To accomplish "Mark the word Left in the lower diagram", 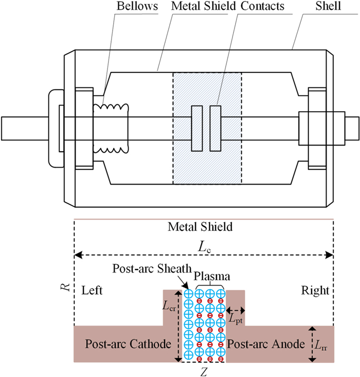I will (x=93, y=291).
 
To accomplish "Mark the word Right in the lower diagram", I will (x=315, y=291).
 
